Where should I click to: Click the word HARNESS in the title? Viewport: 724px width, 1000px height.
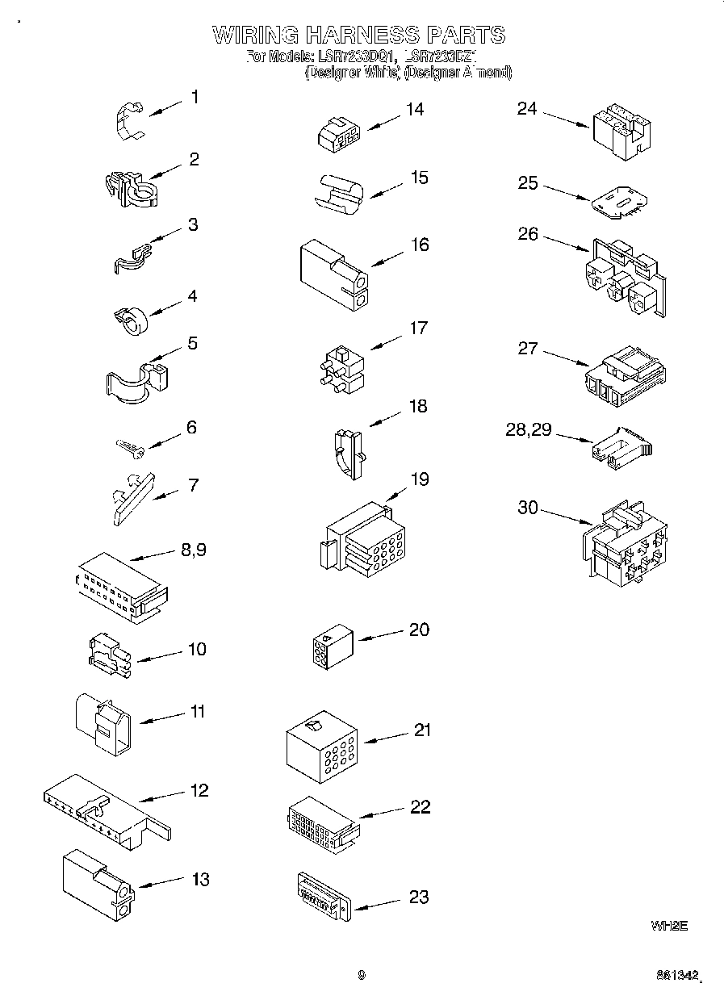[350, 35]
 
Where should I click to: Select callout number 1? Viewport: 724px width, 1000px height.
[194, 97]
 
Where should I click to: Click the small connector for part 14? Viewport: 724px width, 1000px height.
[337, 135]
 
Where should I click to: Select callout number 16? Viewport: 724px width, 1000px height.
[420, 245]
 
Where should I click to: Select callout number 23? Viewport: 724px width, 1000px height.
[419, 897]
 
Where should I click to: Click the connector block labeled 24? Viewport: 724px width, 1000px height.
[621, 130]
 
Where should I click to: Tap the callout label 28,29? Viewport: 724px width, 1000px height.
[529, 430]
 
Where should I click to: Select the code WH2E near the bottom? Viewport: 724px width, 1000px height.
[668, 927]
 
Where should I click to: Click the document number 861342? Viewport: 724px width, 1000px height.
[676, 976]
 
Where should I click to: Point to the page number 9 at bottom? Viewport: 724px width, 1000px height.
[361, 975]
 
